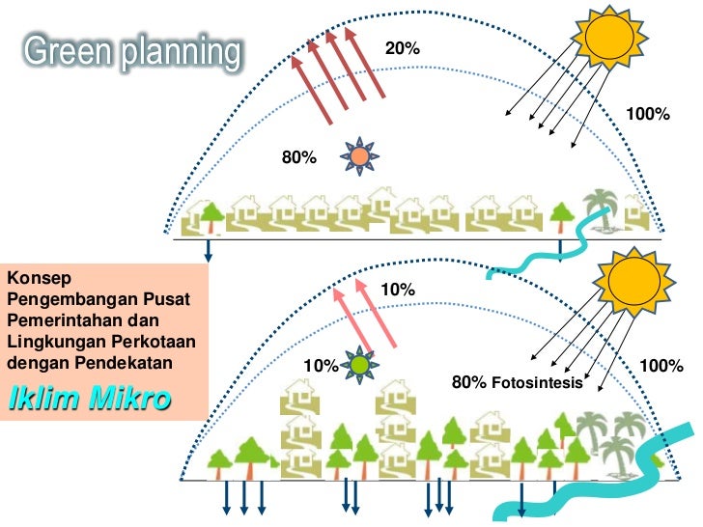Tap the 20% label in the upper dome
402,48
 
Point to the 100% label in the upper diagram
648,114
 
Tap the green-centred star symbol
359,366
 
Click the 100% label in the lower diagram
661,366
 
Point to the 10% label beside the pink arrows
397,290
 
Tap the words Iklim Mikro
88,398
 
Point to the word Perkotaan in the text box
139,341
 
